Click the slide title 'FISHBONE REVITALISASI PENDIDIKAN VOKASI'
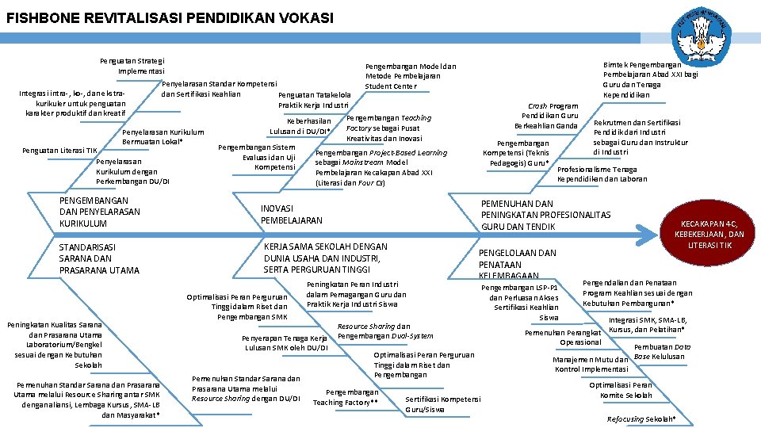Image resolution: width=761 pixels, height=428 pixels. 170,17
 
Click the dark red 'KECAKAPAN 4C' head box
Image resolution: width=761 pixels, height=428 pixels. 709,234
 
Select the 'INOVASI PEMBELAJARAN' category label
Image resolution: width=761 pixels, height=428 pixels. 292,214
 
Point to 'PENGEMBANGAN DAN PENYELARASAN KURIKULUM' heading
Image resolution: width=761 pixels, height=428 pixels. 100,212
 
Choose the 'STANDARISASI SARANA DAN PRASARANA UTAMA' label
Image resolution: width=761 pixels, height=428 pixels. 99,259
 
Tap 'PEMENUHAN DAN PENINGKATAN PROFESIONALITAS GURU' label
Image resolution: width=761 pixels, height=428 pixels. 546,215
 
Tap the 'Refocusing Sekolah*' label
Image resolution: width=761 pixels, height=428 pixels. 641,418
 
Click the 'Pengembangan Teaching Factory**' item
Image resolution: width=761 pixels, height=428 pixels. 346,397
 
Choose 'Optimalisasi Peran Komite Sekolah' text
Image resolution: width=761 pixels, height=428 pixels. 626,390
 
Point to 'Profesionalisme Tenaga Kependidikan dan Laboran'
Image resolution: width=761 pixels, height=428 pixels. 602,174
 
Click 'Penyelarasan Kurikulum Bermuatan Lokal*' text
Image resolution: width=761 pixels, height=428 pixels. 164,136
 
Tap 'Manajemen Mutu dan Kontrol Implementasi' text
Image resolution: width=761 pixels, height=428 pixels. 591,365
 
